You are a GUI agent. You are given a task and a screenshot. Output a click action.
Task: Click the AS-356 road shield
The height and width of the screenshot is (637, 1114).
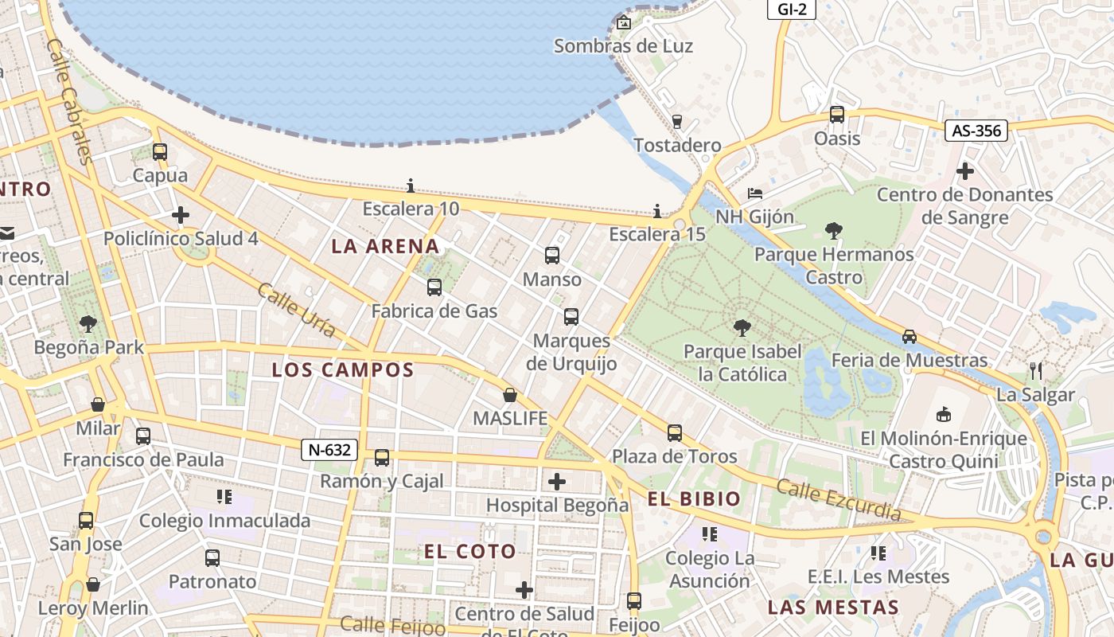click(976, 131)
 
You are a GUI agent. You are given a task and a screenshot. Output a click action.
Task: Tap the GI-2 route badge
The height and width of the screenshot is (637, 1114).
click(791, 9)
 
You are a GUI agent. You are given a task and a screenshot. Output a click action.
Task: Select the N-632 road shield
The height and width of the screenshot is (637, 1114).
click(329, 450)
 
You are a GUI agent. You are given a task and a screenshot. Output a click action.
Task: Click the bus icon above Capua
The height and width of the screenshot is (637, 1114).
click(160, 152)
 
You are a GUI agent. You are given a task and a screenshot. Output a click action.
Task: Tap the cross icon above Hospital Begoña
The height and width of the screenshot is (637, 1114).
click(557, 481)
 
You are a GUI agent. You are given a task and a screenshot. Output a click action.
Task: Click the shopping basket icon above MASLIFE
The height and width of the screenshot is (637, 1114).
click(510, 395)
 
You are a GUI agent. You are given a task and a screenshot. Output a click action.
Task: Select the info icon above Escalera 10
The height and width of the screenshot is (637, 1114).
click(411, 186)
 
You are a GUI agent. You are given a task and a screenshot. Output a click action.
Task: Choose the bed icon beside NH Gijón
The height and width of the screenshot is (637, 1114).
click(755, 193)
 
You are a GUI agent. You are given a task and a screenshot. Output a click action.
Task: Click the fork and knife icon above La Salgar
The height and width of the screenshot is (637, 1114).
click(1035, 370)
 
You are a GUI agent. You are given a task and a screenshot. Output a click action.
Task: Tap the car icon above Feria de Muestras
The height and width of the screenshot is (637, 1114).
click(910, 337)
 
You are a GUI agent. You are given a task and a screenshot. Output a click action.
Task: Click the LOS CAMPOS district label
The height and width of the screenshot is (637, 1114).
click(343, 370)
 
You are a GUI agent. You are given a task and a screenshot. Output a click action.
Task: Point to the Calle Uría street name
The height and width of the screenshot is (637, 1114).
click(296, 310)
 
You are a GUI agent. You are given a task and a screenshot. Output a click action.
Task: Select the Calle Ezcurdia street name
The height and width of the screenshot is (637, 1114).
click(839, 500)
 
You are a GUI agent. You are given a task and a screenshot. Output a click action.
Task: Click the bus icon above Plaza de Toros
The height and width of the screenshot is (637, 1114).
click(675, 433)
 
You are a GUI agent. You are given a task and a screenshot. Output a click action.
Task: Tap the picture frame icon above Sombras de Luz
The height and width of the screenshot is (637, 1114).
click(624, 22)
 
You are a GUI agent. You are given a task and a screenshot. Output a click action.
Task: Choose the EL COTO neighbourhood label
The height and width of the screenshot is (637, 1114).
click(470, 552)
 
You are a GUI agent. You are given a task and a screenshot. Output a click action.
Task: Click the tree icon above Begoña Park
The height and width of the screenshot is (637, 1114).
click(88, 324)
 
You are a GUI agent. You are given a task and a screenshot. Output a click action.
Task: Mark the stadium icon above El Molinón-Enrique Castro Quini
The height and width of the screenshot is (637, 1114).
click(944, 414)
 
